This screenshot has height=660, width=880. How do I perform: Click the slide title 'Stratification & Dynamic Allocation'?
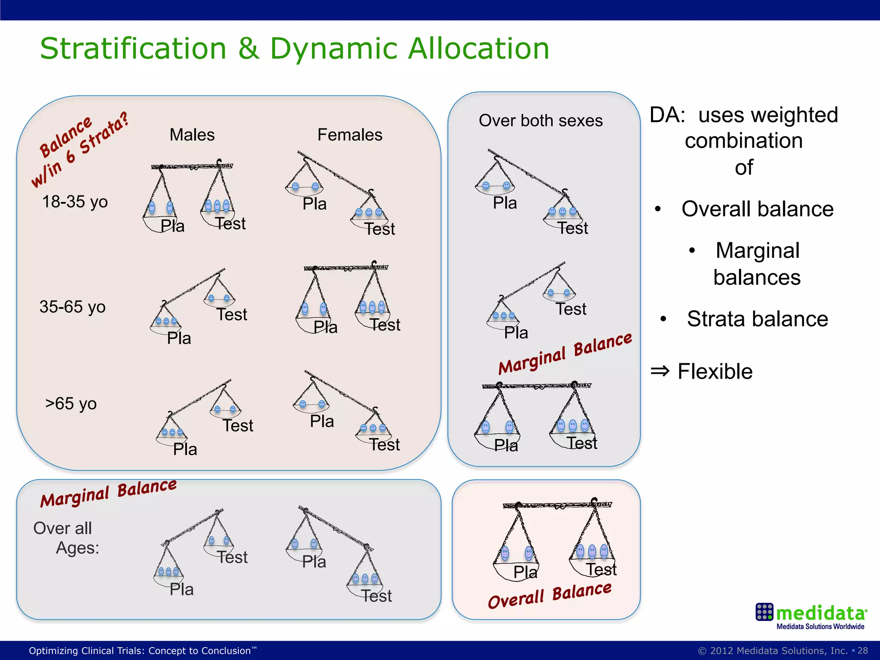click(x=294, y=49)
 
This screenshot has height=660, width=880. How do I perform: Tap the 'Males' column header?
click(x=192, y=135)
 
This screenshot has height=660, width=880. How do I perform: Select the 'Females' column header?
click(x=350, y=135)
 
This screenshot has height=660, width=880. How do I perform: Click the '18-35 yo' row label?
click(x=75, y=202)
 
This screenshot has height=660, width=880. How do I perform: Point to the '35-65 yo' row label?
click(x=72, y=307)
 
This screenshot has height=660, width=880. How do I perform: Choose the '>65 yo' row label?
click(x=71, y=404)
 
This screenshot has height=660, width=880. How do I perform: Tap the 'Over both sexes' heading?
click(x=541, y=121)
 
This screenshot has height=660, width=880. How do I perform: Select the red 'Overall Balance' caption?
click(x=550, y=595)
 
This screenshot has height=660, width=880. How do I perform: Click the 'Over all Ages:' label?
click(x=67, y=538)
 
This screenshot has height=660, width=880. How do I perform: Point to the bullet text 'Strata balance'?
click(x=757, y=319)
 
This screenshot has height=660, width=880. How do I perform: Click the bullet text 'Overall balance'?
click(x=757, y=209)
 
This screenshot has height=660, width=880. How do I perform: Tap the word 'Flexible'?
click(x=715, y=372)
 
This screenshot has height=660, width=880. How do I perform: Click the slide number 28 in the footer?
click(x=862, y=651)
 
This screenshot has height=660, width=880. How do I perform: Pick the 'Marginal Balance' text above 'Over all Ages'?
click(x=108, y=493)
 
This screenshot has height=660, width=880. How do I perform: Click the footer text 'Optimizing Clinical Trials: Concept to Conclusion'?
click(x=140, y=651)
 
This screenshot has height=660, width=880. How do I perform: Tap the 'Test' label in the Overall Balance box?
click(x=601, y=570)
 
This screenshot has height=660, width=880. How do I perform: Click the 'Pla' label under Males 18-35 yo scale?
click(x=172, y=226)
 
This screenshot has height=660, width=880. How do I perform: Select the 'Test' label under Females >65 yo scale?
click(x=385, y=445)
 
